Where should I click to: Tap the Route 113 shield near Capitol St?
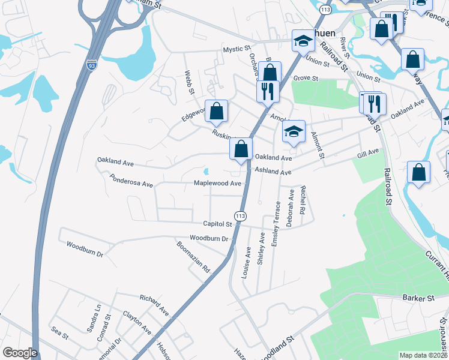pyautogui.click(x=240, y=215)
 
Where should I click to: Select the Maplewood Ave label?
pyautogui.click(x=217, y=184)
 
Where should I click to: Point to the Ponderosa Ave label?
pyautogui.click(x=131, y=181)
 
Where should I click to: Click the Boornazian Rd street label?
pyautogui.click(x=192, y=257)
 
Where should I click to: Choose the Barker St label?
pyautogui.click(x=418, y=298)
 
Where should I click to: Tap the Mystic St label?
pyautogui.click(x=237, y=49)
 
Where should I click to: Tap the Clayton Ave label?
pyautogui.click(x=137, y=322)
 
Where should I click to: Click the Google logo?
pyautogui.click(x=20, y=353)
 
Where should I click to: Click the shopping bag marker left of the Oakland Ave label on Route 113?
pyautogui.click(x=241, y=149)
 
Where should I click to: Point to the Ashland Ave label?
pyautogui.click(x=273, y=172)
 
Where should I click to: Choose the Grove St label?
pyautogui.click(x=306, y=79)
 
